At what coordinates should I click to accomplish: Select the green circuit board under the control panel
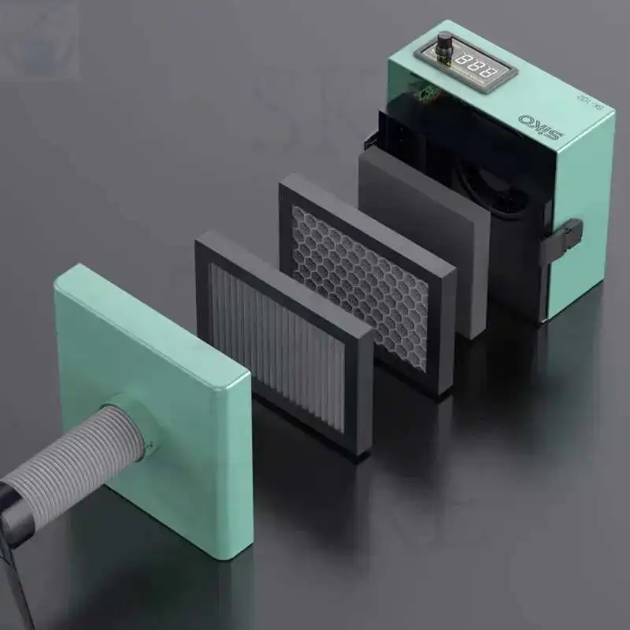coord(429,95)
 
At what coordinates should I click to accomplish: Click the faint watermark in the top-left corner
coord(39,39)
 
